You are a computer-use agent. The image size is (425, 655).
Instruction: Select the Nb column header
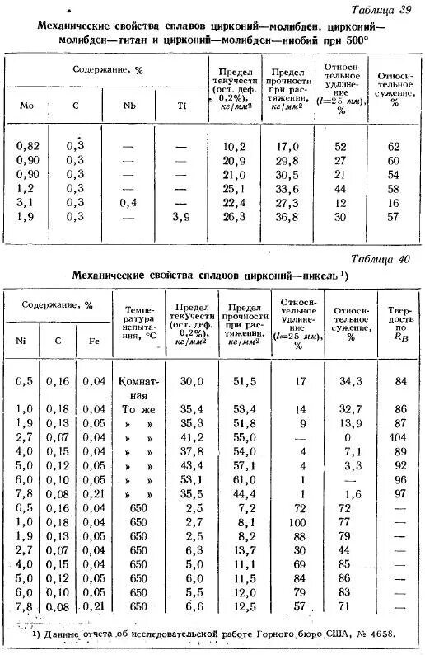(128, 105)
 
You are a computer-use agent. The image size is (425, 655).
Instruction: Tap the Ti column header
(181, 105)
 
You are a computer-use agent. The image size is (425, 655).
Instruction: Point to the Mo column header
(24, 105)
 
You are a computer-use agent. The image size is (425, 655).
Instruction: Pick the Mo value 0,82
(27, 145)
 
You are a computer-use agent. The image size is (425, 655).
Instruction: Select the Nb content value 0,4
(128, 202)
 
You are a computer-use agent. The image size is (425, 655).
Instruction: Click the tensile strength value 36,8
(287, 216)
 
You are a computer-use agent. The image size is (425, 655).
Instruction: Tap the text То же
(138, 408)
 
